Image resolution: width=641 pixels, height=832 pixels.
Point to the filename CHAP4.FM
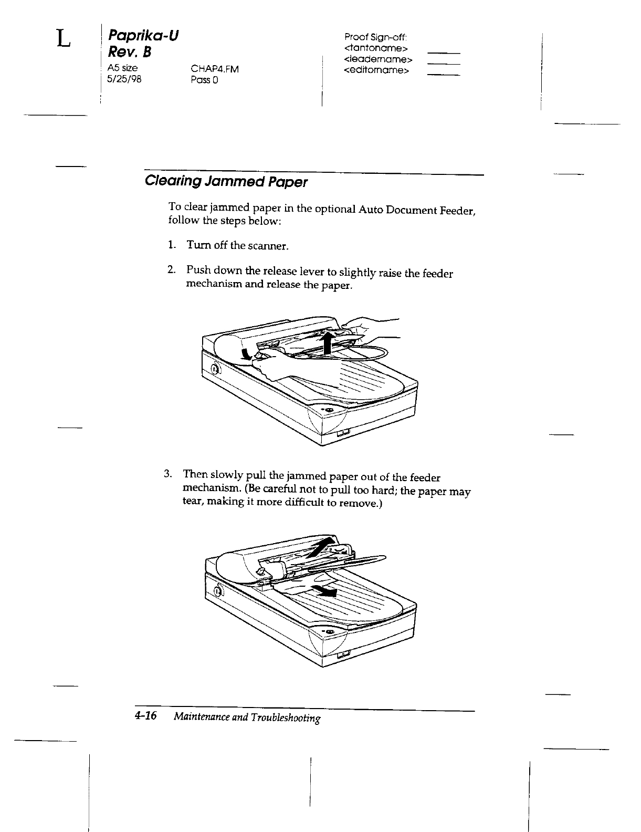coord(215,68)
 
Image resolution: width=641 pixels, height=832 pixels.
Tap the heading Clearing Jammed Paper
coord(226,182)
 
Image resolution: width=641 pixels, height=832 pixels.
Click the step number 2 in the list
coord(171,270)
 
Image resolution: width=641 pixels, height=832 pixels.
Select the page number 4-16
coord(146,716)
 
